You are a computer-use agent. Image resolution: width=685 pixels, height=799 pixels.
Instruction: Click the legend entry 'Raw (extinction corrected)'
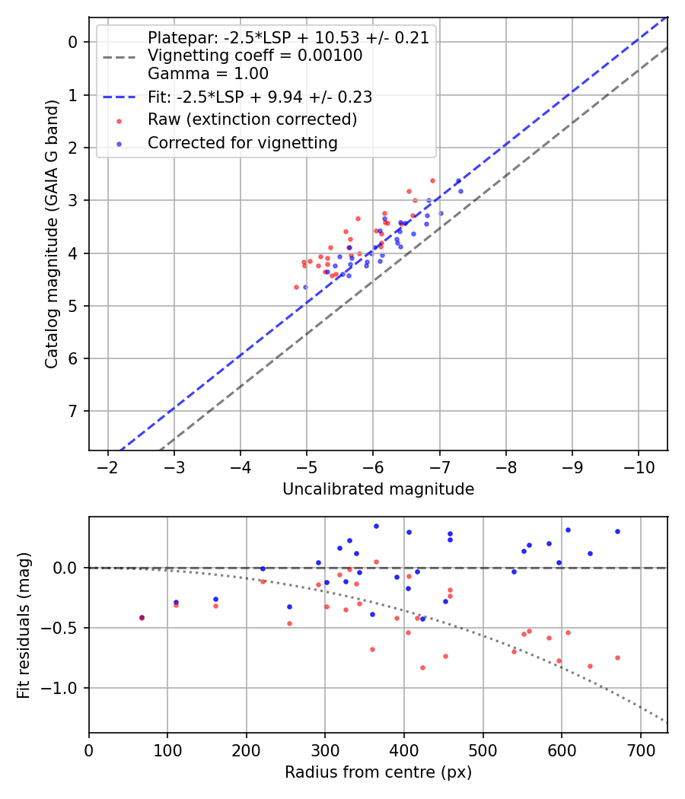coord(252,119)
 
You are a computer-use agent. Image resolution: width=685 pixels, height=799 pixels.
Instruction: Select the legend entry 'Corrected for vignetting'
coord(242,142)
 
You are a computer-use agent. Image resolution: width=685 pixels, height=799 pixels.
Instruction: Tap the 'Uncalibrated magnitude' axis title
coord(378,489)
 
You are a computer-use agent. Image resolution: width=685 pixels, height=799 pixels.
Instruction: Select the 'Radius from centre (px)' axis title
coord(378,772)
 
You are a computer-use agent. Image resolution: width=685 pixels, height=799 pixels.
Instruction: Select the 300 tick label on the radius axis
coord(325,750)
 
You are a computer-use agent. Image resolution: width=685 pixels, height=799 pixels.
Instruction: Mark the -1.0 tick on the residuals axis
coord(63,688)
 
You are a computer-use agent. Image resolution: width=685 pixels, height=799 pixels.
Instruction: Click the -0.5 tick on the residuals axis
coord(63,628)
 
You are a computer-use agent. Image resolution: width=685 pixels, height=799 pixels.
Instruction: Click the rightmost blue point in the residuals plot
coord(617,531)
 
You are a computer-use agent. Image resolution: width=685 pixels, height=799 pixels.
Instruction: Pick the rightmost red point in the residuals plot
coord(617,657)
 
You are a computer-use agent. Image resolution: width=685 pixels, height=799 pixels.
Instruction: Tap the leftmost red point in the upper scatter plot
coord(296,287)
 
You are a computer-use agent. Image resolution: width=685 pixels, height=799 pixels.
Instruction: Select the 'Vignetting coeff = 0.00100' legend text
coord(255,56)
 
